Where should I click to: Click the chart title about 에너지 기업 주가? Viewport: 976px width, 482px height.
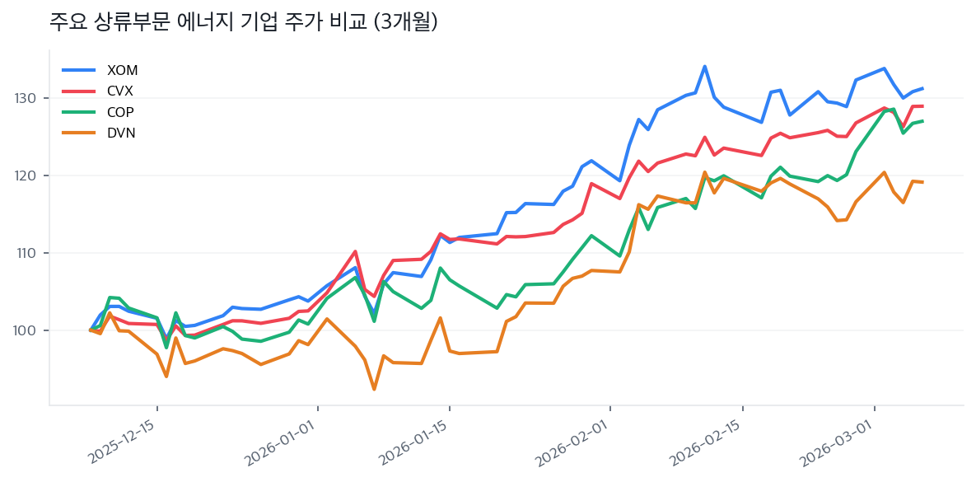[243, 22]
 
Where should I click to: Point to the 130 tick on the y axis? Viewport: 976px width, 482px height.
[28, 98]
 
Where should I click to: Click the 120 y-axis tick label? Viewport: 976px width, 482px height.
[28, 175]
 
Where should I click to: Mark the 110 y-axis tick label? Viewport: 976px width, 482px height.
[28, 253]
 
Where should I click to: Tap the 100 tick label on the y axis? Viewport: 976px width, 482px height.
[28, 330]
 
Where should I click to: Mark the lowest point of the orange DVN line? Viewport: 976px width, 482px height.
[375, 389]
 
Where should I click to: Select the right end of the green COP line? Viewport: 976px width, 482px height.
[922, 121]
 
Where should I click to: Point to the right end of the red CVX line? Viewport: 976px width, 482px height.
[922, 106]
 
